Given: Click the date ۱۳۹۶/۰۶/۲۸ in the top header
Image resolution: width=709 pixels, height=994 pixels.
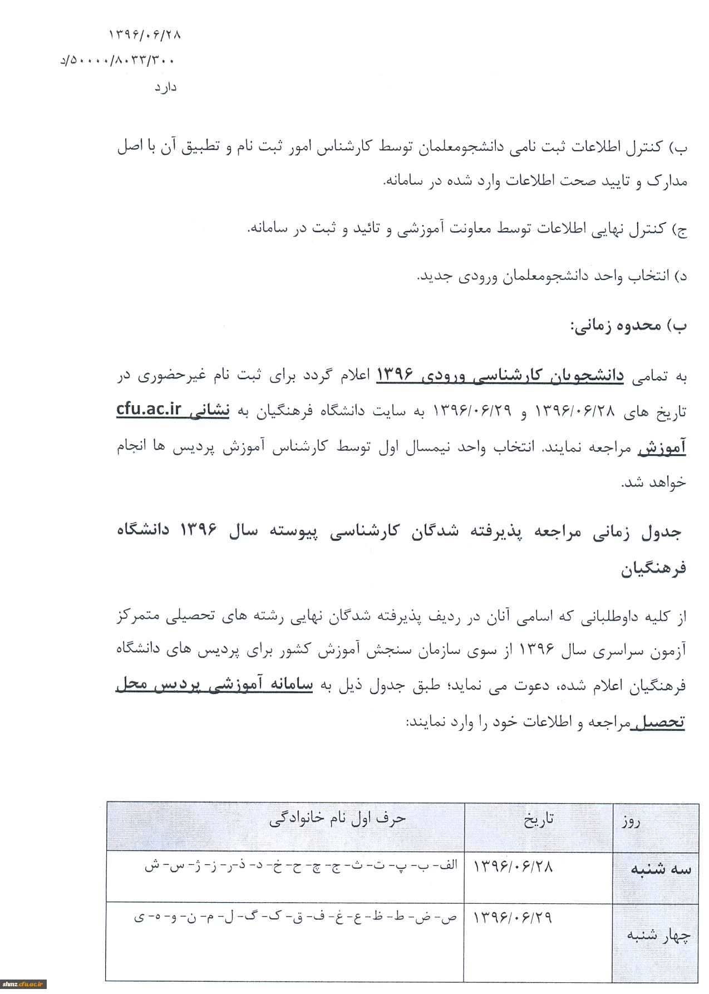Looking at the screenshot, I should tap(145, 35).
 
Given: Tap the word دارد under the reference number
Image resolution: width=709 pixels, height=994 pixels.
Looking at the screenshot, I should tap(165, 88).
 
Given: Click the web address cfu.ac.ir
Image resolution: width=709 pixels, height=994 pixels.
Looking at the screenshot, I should tap(149, 409).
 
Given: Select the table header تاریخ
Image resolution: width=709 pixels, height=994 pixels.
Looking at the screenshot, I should tap(538, 819).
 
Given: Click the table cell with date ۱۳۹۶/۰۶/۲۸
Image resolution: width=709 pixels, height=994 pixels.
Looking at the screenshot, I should tap(513, 867).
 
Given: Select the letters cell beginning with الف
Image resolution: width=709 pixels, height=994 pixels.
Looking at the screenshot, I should tap(301, 866).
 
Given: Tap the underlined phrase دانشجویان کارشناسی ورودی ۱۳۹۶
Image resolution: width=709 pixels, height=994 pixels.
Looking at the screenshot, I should tap(500, 376).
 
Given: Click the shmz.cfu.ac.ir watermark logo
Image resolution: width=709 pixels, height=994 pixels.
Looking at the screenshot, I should tap(23, 985).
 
